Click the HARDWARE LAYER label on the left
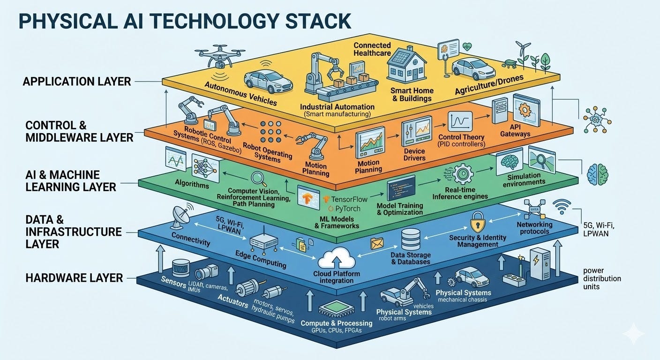[x=74, y=277]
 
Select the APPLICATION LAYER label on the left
[x=77, y=82]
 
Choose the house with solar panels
[x=406, y=68]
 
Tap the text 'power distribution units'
[x=602, y=278]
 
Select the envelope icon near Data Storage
[x=377, y=243]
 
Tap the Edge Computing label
[x=261, y=259]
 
